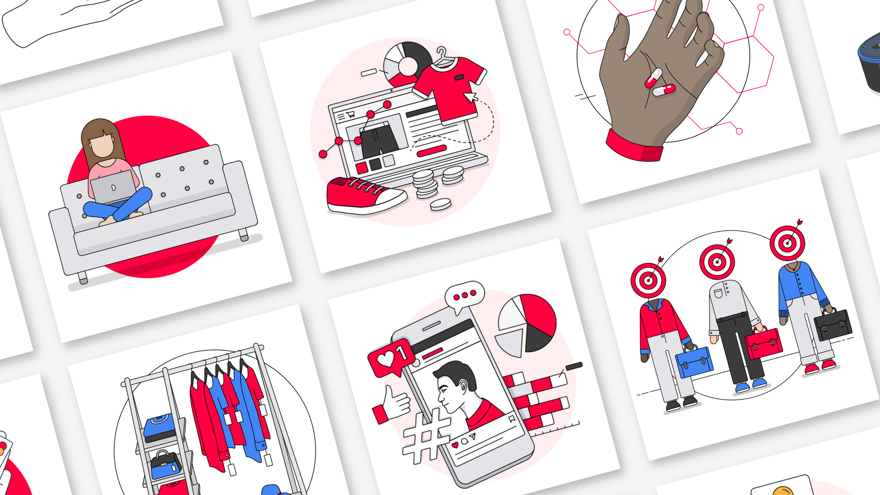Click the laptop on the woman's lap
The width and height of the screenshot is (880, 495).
[113, 187]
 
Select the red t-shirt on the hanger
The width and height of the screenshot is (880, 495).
[451, 88]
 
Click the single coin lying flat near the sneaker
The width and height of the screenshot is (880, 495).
[440, 204]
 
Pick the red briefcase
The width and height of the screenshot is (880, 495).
[764, 343]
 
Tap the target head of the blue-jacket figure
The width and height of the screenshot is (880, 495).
[787, 243]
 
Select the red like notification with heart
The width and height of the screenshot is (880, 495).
[391, 357]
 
